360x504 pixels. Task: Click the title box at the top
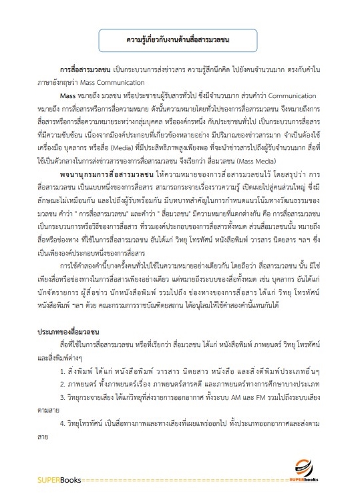tap(180, 39)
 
